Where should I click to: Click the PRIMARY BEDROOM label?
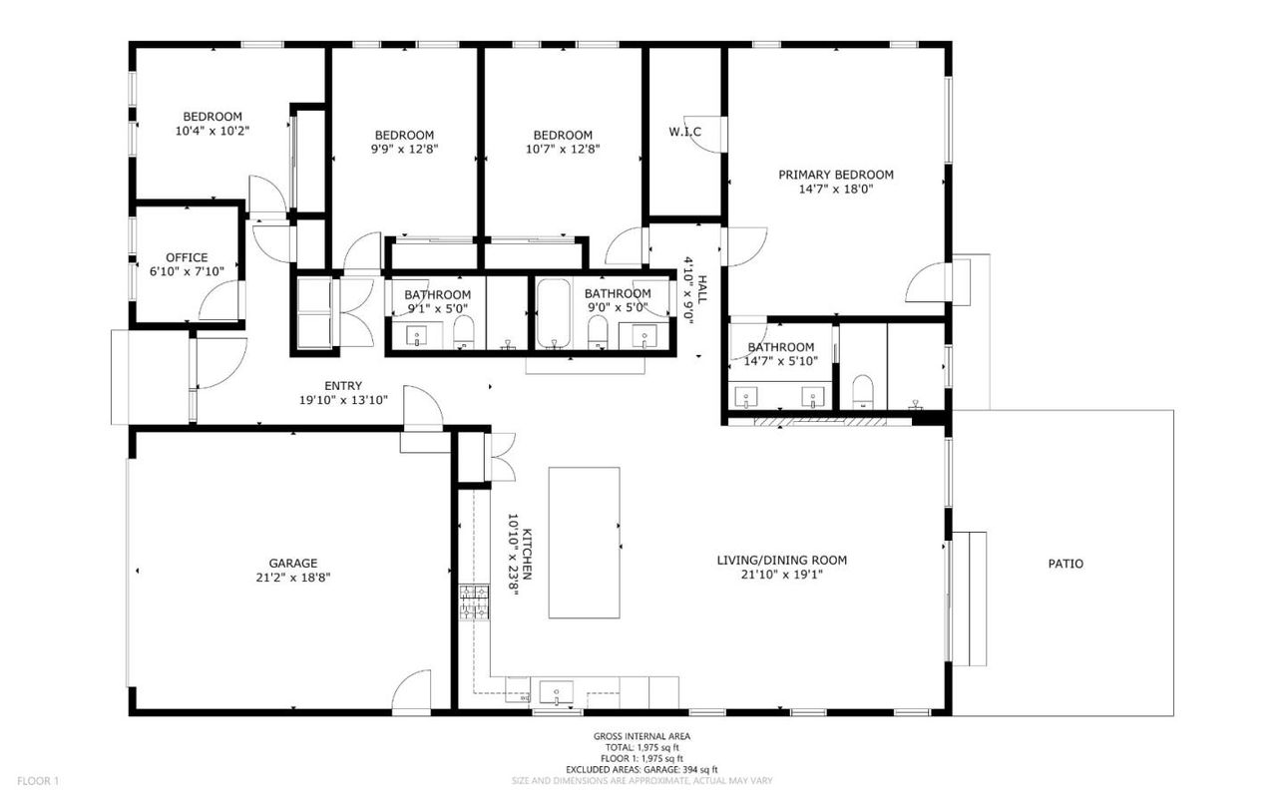tap(835, 174)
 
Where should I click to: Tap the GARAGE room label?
tap(292, 563)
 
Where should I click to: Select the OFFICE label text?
tap(187, 257)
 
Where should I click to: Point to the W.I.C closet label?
tap(684, 132)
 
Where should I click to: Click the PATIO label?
tap(1065, 564)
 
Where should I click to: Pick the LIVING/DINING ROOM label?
tap(781, 560)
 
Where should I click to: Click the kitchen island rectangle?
tap(584, 543)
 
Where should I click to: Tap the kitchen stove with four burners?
tap(473, 603)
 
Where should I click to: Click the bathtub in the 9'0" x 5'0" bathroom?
tap(551, 314)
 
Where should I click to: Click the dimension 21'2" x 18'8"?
tap(292, 577)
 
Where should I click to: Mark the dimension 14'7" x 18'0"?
tap(835, 188)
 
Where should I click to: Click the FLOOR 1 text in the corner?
tap(39, 780)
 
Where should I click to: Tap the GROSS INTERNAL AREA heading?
tap(642, 736)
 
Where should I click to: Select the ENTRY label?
tap(343, 386)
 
